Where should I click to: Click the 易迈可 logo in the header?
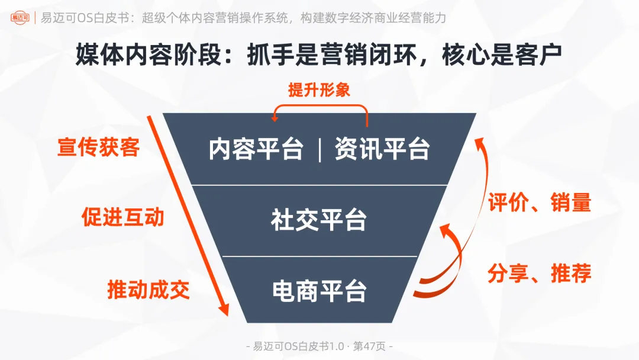pyautogui.click(x=21, y=18)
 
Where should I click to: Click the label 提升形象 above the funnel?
pyautogui.click(x=319, y=90)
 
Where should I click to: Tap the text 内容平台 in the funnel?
pyautogui.click(x=256, y=149)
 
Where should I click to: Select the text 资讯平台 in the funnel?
pyautogui.click(x=382, y=149)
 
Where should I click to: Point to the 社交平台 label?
pyautogui.click(x=319, y=220)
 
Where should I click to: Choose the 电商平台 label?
pyautogui.click(x=319, y=291)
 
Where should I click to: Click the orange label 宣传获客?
pyautogui.click(x=98, y=147)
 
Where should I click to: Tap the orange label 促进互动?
pyautogui.click(x=122, y=217)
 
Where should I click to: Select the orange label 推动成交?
pyautogui.click(x=149, y=290)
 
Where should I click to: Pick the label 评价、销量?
pyautogui.click(x=539, y=203)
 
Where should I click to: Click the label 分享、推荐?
pyautogui.click(x=539, y=274)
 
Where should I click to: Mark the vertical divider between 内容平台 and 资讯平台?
pyautogui.click(x=319, y=149)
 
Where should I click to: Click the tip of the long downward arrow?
pyautogui.click(x=225, y=314)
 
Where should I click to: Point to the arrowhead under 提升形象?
pyautogui.click(x=275, y=118)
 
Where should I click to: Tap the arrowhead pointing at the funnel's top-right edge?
pyautogui.click(x=481, y=142)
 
